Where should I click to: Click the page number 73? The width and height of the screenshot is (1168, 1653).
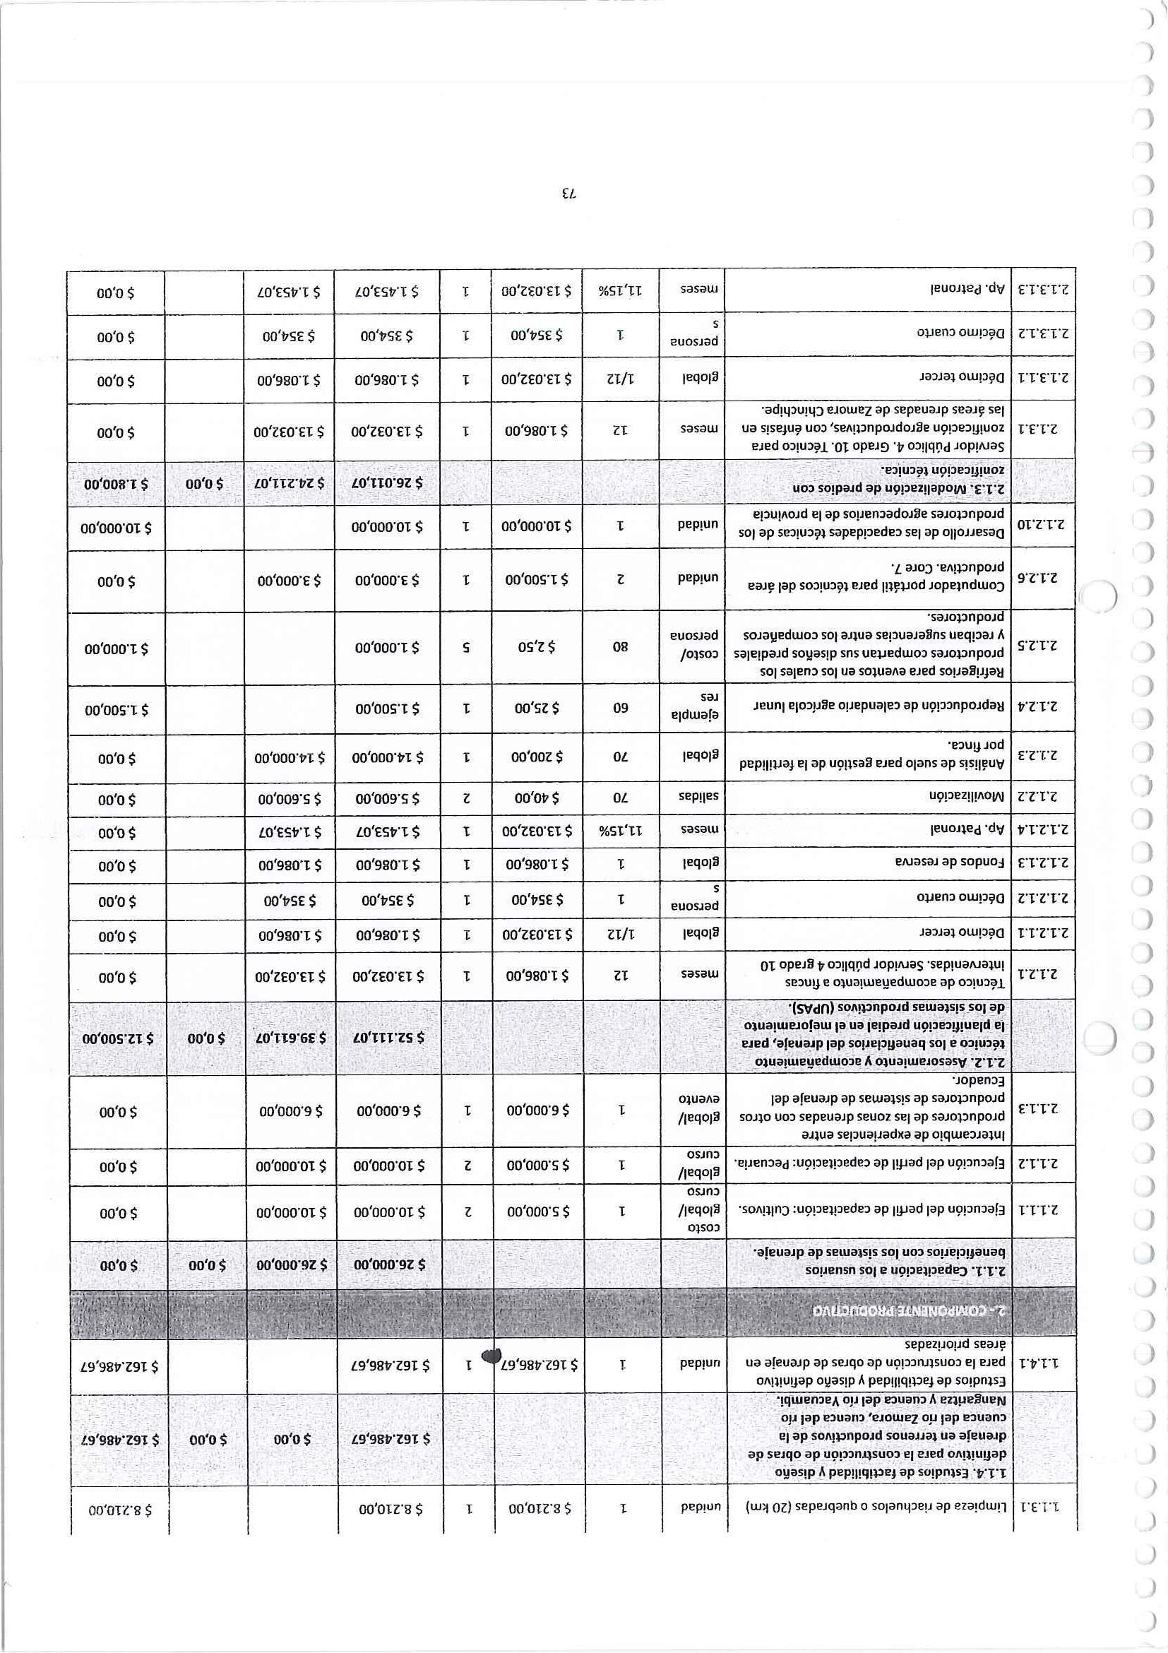point(568,194)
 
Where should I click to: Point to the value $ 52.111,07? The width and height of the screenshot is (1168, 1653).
point(388,1038)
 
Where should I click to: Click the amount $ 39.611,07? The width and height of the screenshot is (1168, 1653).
point(291,1038)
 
